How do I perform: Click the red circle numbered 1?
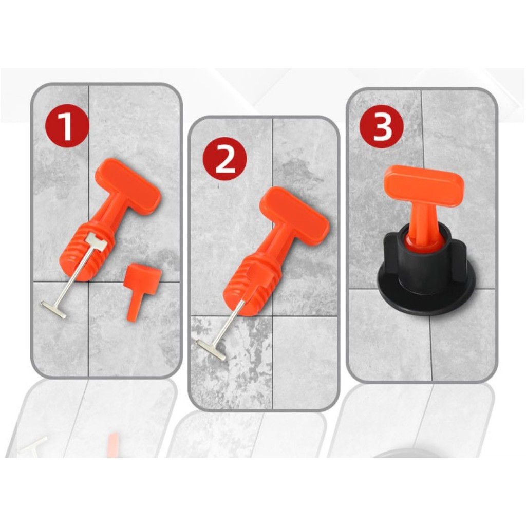(x=66, y=125)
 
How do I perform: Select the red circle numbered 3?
(x=381, y=126)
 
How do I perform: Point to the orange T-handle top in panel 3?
(x=424, y=185)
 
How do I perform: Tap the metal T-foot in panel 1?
(x=53, y=310)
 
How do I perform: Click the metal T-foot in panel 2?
(x=211, y=349)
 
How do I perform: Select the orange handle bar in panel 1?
(x=128, y=185)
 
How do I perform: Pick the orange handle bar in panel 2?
(x=294, y=215)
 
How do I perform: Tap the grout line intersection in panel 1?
(x=88, y=282)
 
